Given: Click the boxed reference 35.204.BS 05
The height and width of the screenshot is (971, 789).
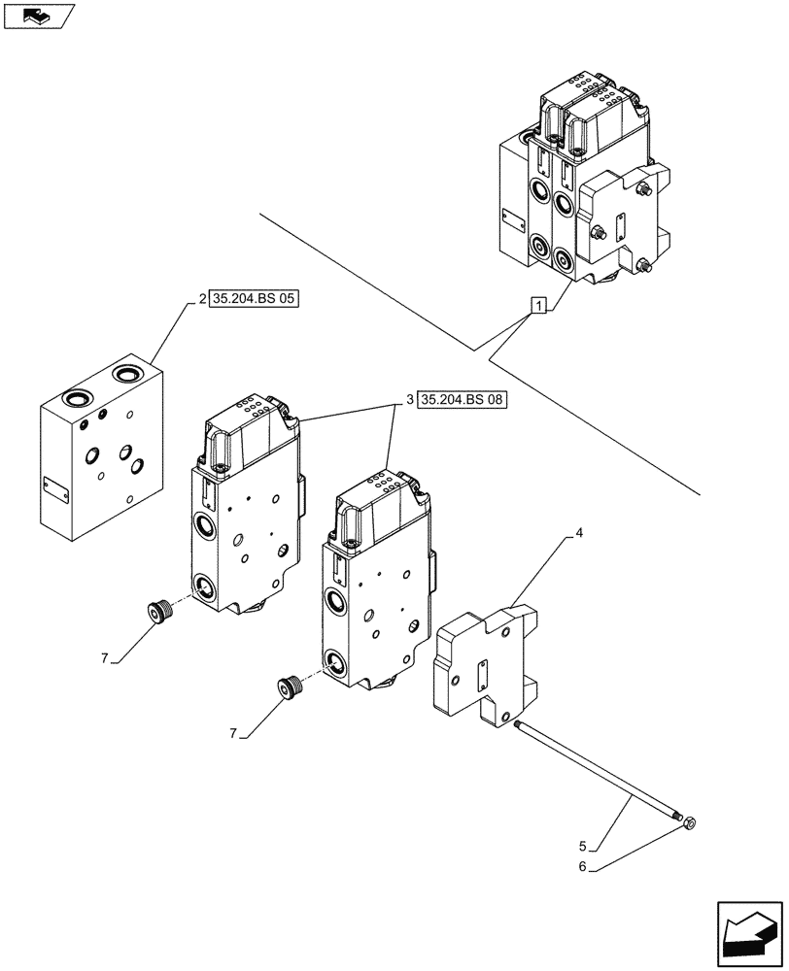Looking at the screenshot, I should tap(255, 299).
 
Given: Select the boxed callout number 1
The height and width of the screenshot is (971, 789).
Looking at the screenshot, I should tap(537, 306).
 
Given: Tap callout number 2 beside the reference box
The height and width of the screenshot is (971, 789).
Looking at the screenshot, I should tap(201, 299).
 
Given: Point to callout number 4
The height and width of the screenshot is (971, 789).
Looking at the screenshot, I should tap(579, 534).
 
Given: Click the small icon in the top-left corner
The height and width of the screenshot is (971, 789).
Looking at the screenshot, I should tap(38, 17).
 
